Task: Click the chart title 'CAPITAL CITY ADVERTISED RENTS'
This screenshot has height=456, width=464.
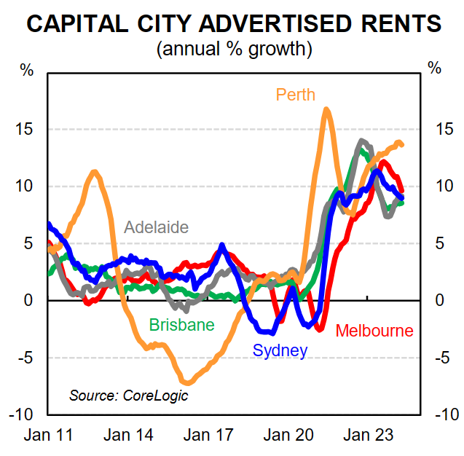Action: click(x=232, y=24)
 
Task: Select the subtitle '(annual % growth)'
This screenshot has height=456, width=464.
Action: click(x=232, y=50)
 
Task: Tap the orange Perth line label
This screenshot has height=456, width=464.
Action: click(x=296, y=95)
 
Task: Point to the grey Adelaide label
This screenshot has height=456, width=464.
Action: click(x=157, y=227)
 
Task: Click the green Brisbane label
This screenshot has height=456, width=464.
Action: click(x=181, y=325)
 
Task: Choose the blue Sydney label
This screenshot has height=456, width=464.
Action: click(x=280, y=350)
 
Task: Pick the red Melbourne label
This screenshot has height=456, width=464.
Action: click(x=374, y=331)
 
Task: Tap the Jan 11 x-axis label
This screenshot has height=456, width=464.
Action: click(x=49, y=435)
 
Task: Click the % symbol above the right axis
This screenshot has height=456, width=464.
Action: click(x=435, y=69)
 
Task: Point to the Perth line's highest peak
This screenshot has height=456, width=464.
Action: click(x=326, y=109)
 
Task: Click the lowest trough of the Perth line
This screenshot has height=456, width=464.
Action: click(x=187, y=382)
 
